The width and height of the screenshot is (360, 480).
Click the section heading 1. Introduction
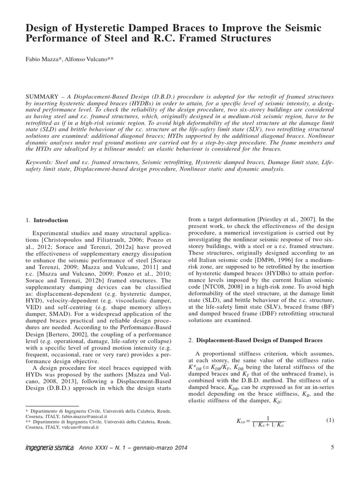click(47, 220)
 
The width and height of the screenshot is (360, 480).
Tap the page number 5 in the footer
click(332, 448)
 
